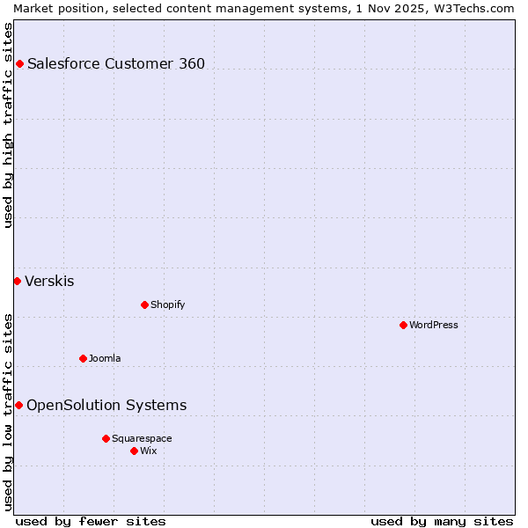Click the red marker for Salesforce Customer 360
point(19,63)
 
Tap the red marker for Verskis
point(17,281)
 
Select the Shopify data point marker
point(144,304)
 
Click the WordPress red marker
point(403,325)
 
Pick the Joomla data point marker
point(83,358)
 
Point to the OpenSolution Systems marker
point(18,405)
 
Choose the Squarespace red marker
point(106,438)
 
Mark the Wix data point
point(134,451)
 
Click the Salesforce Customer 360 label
point(116,63)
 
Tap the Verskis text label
point(49,282)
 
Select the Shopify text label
point(167,304)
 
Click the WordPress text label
point(434,325)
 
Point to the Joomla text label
point(105,358)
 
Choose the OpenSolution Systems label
point(106,405)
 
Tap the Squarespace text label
point(142,438)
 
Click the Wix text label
point(149,451)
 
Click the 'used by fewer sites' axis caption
point(91,521)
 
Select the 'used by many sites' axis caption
point(442,521)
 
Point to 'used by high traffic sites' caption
point(8,125)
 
